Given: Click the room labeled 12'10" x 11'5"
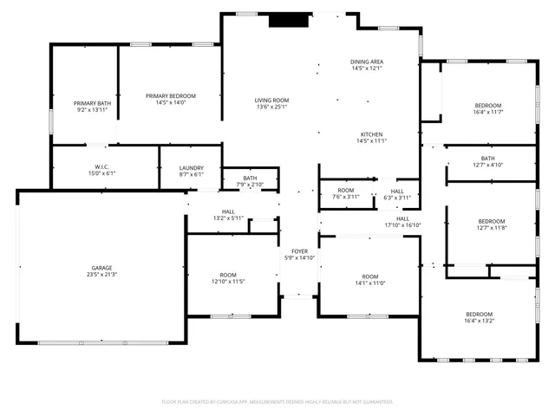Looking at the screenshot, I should click(x=229, y=278).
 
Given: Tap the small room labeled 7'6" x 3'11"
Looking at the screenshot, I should click(x=346, y=193).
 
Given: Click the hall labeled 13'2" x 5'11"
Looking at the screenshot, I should click(x=228, y=214).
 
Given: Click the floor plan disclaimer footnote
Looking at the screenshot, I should click(x=277, y=401).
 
